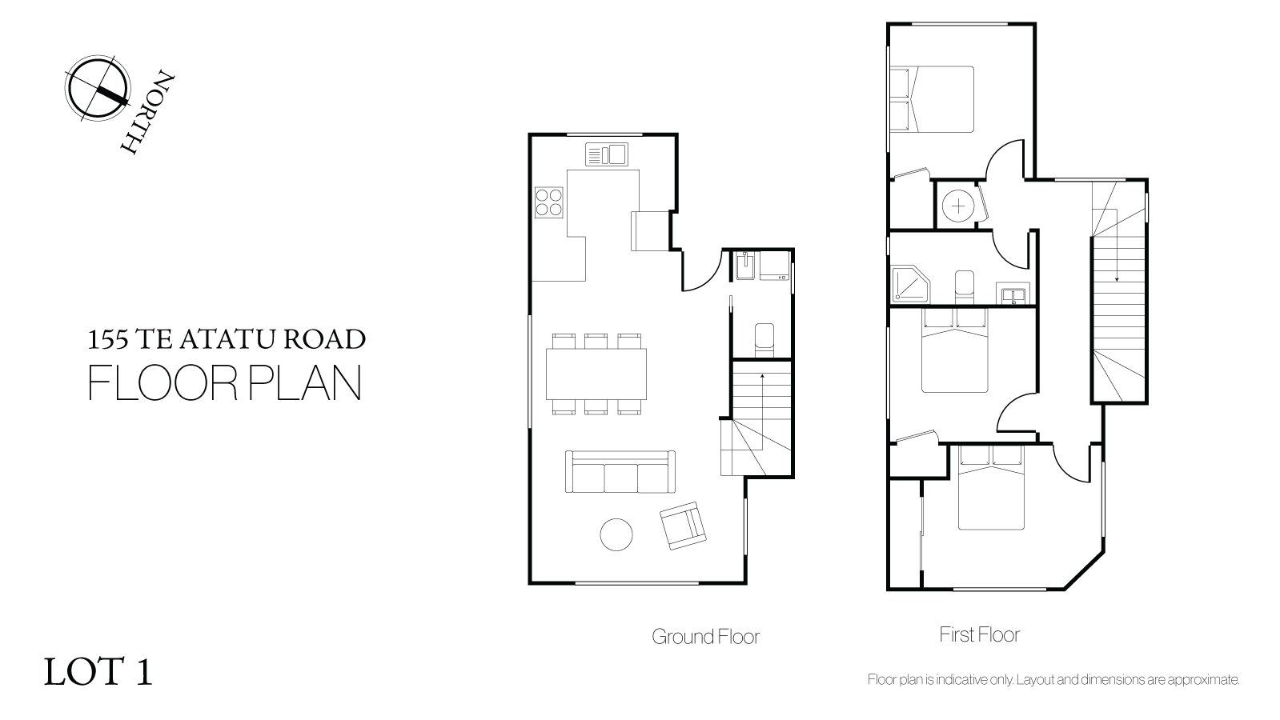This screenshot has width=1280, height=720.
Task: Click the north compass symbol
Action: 97,89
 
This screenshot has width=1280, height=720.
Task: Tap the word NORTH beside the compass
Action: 147,113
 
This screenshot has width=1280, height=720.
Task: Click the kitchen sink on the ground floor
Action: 606,154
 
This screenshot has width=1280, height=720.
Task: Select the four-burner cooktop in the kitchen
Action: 548,202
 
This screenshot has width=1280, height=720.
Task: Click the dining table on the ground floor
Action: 596,374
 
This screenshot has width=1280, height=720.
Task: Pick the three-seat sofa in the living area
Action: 620,472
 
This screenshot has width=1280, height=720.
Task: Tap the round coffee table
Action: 616,535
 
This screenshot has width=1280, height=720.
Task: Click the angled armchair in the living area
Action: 683,526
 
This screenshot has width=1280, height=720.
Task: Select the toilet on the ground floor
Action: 764,340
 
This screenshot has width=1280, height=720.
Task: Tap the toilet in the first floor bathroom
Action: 964,287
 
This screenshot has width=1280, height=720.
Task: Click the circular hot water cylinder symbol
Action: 958,206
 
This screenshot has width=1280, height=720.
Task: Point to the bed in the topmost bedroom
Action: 932,99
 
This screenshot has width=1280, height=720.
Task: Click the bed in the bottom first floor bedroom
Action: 991,487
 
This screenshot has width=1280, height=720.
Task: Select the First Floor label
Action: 980,634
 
